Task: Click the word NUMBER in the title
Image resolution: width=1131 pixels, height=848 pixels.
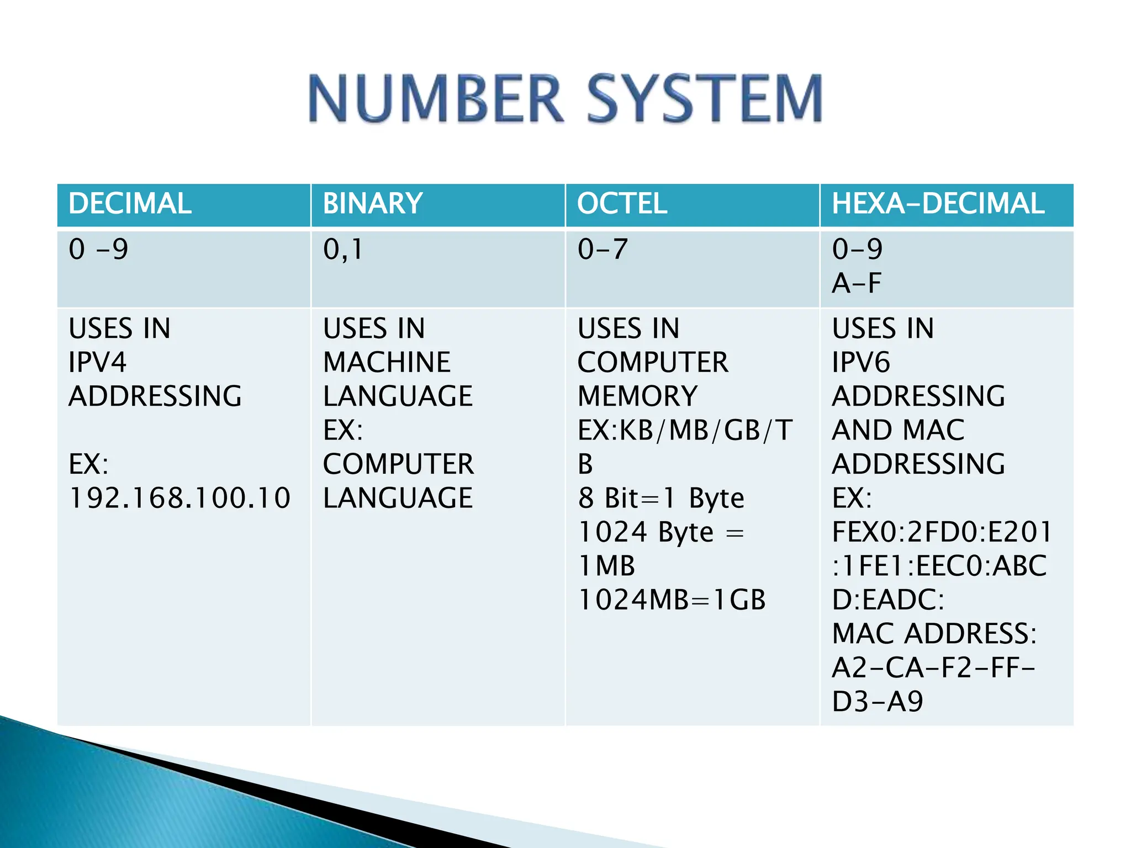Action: coord(436,99)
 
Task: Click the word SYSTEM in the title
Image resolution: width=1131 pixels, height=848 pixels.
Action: coord(704,99)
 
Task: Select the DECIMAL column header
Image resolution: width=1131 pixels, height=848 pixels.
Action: coord(130,204)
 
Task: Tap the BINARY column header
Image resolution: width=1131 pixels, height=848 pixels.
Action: coord(373,204)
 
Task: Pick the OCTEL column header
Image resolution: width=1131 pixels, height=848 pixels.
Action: coord(622,204)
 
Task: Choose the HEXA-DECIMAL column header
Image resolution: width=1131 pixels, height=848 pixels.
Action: coord(938,204)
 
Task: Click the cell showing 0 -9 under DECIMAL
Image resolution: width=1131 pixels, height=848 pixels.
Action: coord(98,250)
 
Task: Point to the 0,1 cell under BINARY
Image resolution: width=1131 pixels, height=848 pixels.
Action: coord(343,250)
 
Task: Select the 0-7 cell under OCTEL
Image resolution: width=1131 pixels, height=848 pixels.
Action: coord(603,250)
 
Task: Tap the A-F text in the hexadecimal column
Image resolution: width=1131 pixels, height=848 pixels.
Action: coord(857,284)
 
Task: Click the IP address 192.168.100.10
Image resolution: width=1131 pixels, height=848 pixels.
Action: coord(179,498)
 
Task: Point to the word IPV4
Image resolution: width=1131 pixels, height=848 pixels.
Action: coord(98,363)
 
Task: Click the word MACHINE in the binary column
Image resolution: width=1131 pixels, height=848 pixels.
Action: coord(387,363)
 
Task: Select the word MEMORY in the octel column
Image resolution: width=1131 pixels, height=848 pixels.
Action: coord(638,396)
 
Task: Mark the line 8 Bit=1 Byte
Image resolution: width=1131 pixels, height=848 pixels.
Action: coord(661,499)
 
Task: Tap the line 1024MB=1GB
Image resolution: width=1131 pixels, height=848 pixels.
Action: coord(672,600)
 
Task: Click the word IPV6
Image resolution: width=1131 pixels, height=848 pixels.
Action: coord(861,363)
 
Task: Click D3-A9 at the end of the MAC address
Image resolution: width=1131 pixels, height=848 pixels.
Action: coord(878,702)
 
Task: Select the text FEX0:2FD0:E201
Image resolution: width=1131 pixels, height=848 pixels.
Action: coord(942,532)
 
